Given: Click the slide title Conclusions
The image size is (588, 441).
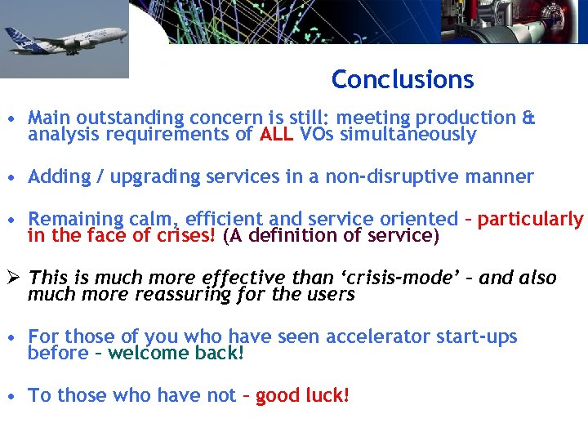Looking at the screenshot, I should click(402, 79).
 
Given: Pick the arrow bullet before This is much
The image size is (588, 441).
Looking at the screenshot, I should click(11, 278).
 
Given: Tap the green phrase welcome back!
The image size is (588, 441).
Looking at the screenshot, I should click(176, 354).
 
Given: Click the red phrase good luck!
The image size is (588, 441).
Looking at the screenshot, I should click(302, 395).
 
